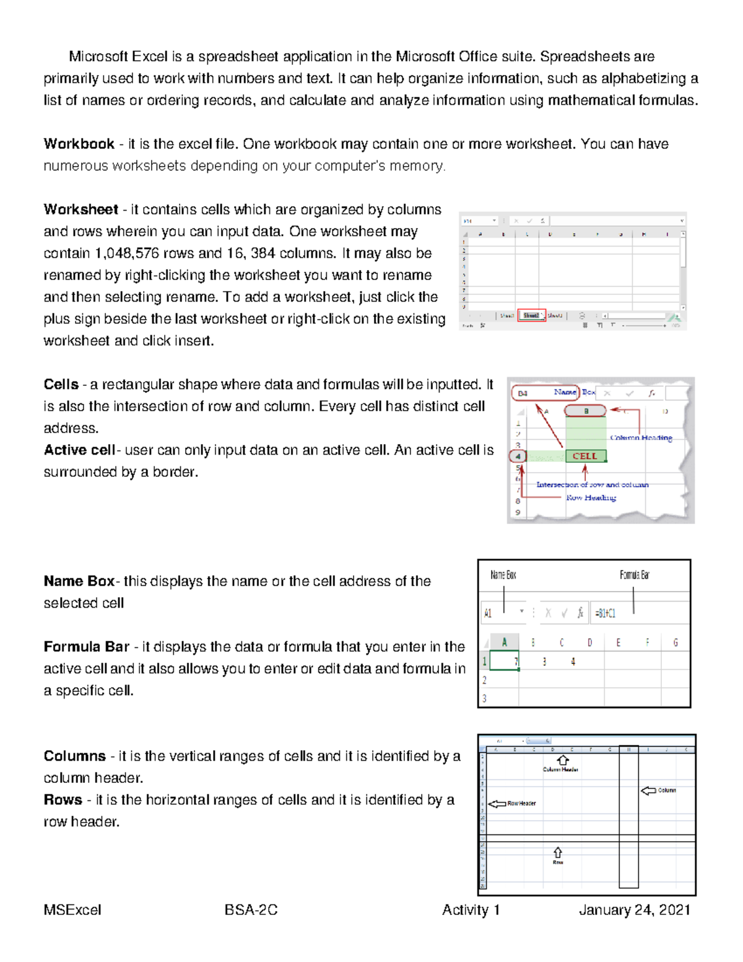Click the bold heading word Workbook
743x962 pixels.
(x=79, y=144)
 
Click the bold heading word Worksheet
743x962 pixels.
(x=80, y=209)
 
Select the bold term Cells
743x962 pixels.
(x=61, y=385)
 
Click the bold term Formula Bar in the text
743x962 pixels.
(x=86, y=647)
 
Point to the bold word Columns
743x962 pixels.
(x=74, y=756)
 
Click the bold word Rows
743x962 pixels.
(x=63, y=800)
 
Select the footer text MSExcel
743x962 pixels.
(x=72, y=910)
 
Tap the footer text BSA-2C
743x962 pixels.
(x=251, y=910)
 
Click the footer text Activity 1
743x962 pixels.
(x=471, y=910)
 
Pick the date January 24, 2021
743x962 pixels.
(x=634, y=910)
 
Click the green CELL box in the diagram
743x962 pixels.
(x=585, y=457)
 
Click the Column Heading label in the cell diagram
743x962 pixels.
(x=641, y=438)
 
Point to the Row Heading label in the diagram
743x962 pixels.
(x=591, y=497)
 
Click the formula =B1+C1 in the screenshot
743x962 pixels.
(x=605, y=613)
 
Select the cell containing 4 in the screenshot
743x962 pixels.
(x=573, y=662)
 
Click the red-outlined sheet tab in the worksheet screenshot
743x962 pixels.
(x=531, y=315)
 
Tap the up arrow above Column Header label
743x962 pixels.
(x=562, y=760)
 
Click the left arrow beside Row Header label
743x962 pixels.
(x=497, y=804)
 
